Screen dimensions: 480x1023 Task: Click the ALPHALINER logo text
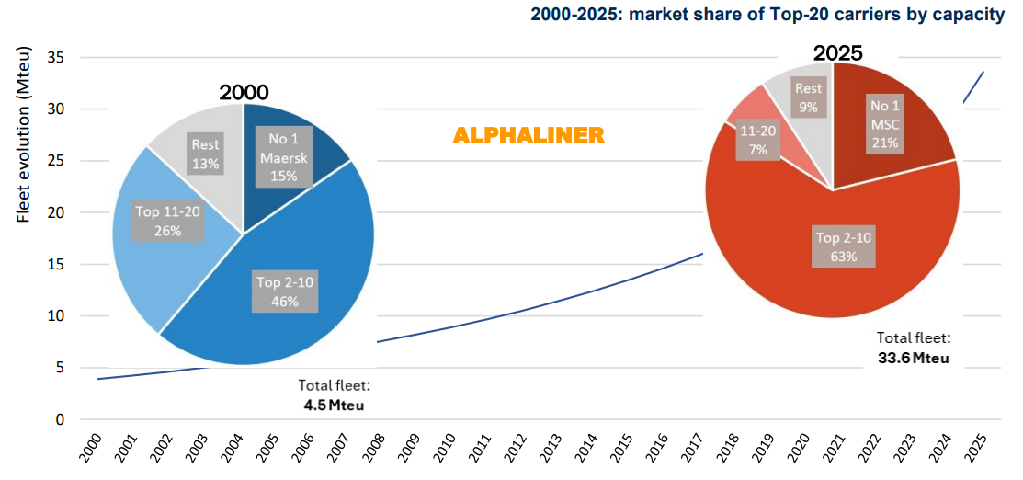point(529,136)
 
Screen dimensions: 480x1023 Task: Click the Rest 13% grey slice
point(205,152)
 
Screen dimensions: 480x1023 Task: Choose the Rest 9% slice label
point(809,97)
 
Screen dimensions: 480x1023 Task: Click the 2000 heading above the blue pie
point(244,93)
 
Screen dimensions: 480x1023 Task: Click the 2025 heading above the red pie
point(836,53)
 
